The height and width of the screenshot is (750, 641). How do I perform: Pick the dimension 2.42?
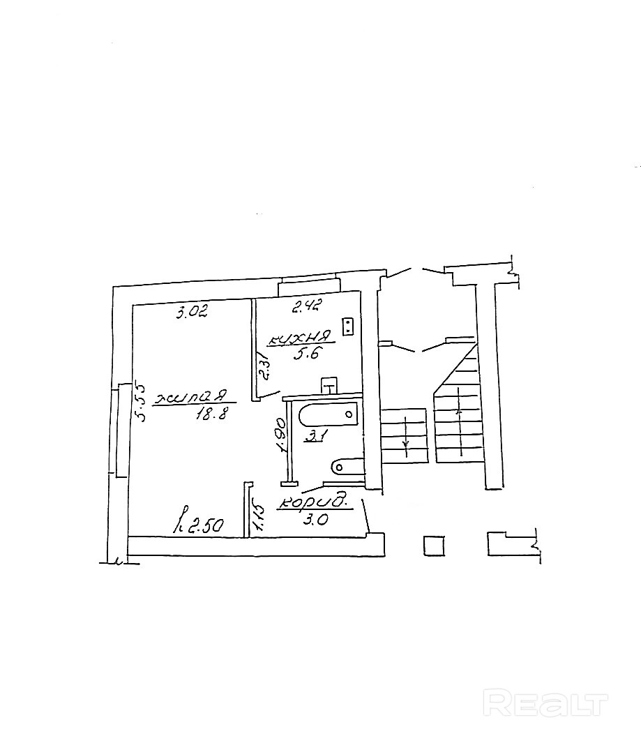306,305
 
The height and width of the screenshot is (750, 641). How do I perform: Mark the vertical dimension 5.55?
139,401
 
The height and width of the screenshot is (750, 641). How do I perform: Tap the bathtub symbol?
328,416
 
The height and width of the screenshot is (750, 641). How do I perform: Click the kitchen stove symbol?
349,327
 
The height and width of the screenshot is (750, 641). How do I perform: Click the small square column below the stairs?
434,545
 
